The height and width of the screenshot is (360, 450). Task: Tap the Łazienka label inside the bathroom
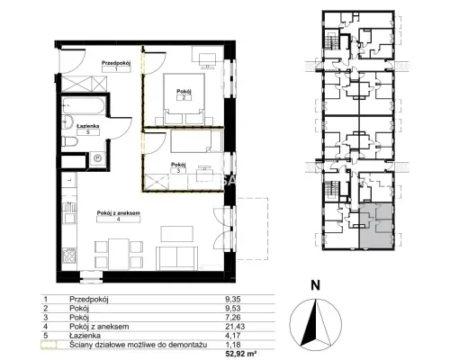coord(87,126)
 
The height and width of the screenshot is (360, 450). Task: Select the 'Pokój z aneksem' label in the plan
coord(119,213)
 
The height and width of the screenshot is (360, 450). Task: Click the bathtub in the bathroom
coord(84,105)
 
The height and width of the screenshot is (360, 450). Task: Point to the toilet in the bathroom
coord(69,141)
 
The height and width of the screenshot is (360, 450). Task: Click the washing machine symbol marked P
coord(98,158)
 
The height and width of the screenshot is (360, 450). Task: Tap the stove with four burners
coord(69,256)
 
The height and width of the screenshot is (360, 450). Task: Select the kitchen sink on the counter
coord(69,212)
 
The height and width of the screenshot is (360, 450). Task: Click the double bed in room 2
coord(184,99)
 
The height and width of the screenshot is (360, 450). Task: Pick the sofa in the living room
coord(177,258)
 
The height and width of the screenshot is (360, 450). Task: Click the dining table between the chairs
coord(119,254)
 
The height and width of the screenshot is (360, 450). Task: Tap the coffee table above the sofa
coord(177,234)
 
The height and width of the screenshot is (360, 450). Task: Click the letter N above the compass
coord(315,285)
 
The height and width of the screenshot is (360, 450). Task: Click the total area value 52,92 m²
coord(241,354)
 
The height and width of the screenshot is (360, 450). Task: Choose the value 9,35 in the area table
coord(233,299)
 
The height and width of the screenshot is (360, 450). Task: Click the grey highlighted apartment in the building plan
coord(376,227)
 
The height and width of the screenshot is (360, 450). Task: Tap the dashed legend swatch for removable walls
coord(49,345)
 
